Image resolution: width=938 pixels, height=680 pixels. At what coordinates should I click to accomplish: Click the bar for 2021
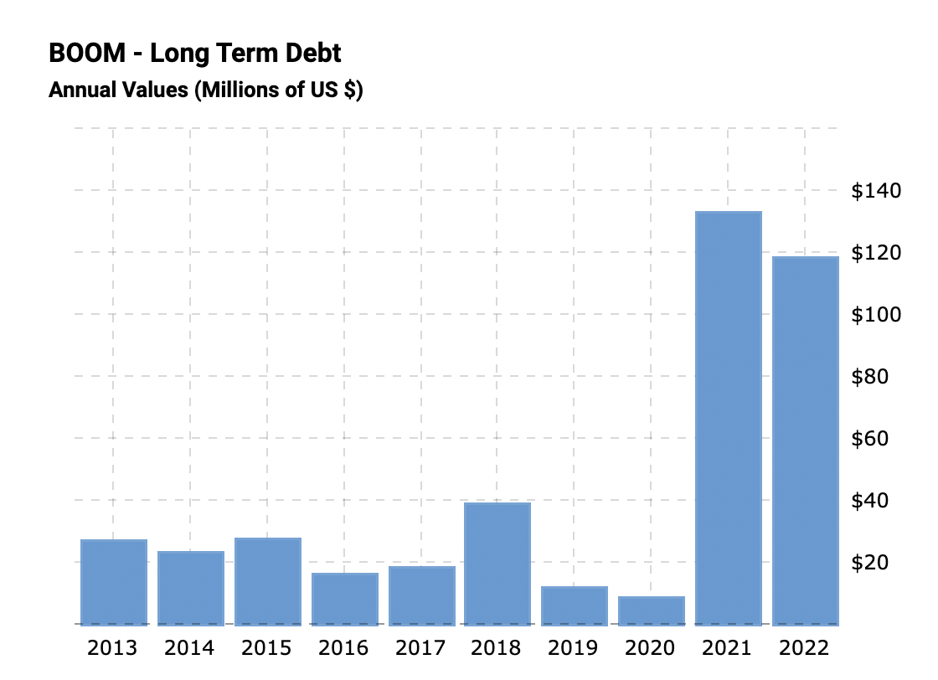(729, 419)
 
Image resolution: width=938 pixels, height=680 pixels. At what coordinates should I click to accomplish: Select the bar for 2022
(805, 440)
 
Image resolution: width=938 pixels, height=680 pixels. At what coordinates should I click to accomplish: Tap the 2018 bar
(497, 564)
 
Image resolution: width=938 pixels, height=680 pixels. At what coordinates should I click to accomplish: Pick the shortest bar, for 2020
(652, 610)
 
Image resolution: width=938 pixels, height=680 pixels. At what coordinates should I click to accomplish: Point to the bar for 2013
(114, 582)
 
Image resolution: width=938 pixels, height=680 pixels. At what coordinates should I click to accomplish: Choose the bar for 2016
(345, 599)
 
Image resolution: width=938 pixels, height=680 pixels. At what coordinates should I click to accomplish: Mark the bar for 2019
(575, 605)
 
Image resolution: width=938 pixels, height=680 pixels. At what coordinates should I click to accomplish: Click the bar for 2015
(268, 581)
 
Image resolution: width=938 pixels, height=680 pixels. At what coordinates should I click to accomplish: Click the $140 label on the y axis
(876, 191)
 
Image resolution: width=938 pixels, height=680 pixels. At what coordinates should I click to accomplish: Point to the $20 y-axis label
(869, 562)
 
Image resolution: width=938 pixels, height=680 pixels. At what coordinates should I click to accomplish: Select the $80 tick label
(869, 376)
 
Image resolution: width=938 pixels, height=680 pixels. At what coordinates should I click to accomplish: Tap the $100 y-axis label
(876, 314)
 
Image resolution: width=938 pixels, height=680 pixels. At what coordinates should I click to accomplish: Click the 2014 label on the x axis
(189, 648)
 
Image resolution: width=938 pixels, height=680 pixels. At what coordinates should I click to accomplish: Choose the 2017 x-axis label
(420, 648)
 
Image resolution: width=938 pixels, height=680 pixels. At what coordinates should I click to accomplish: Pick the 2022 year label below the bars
(804, 648)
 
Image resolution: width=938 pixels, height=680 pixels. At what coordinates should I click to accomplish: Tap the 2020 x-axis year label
(651, 648)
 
